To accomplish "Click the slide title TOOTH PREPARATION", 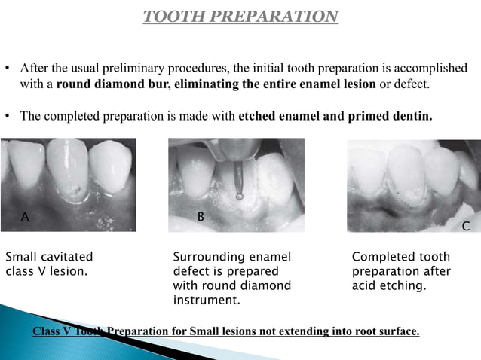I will (x=240, y=17).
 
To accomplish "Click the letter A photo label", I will (x=25, y=217).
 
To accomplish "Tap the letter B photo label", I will (x=200, y=217).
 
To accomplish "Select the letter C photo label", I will (x=465, y=226).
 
